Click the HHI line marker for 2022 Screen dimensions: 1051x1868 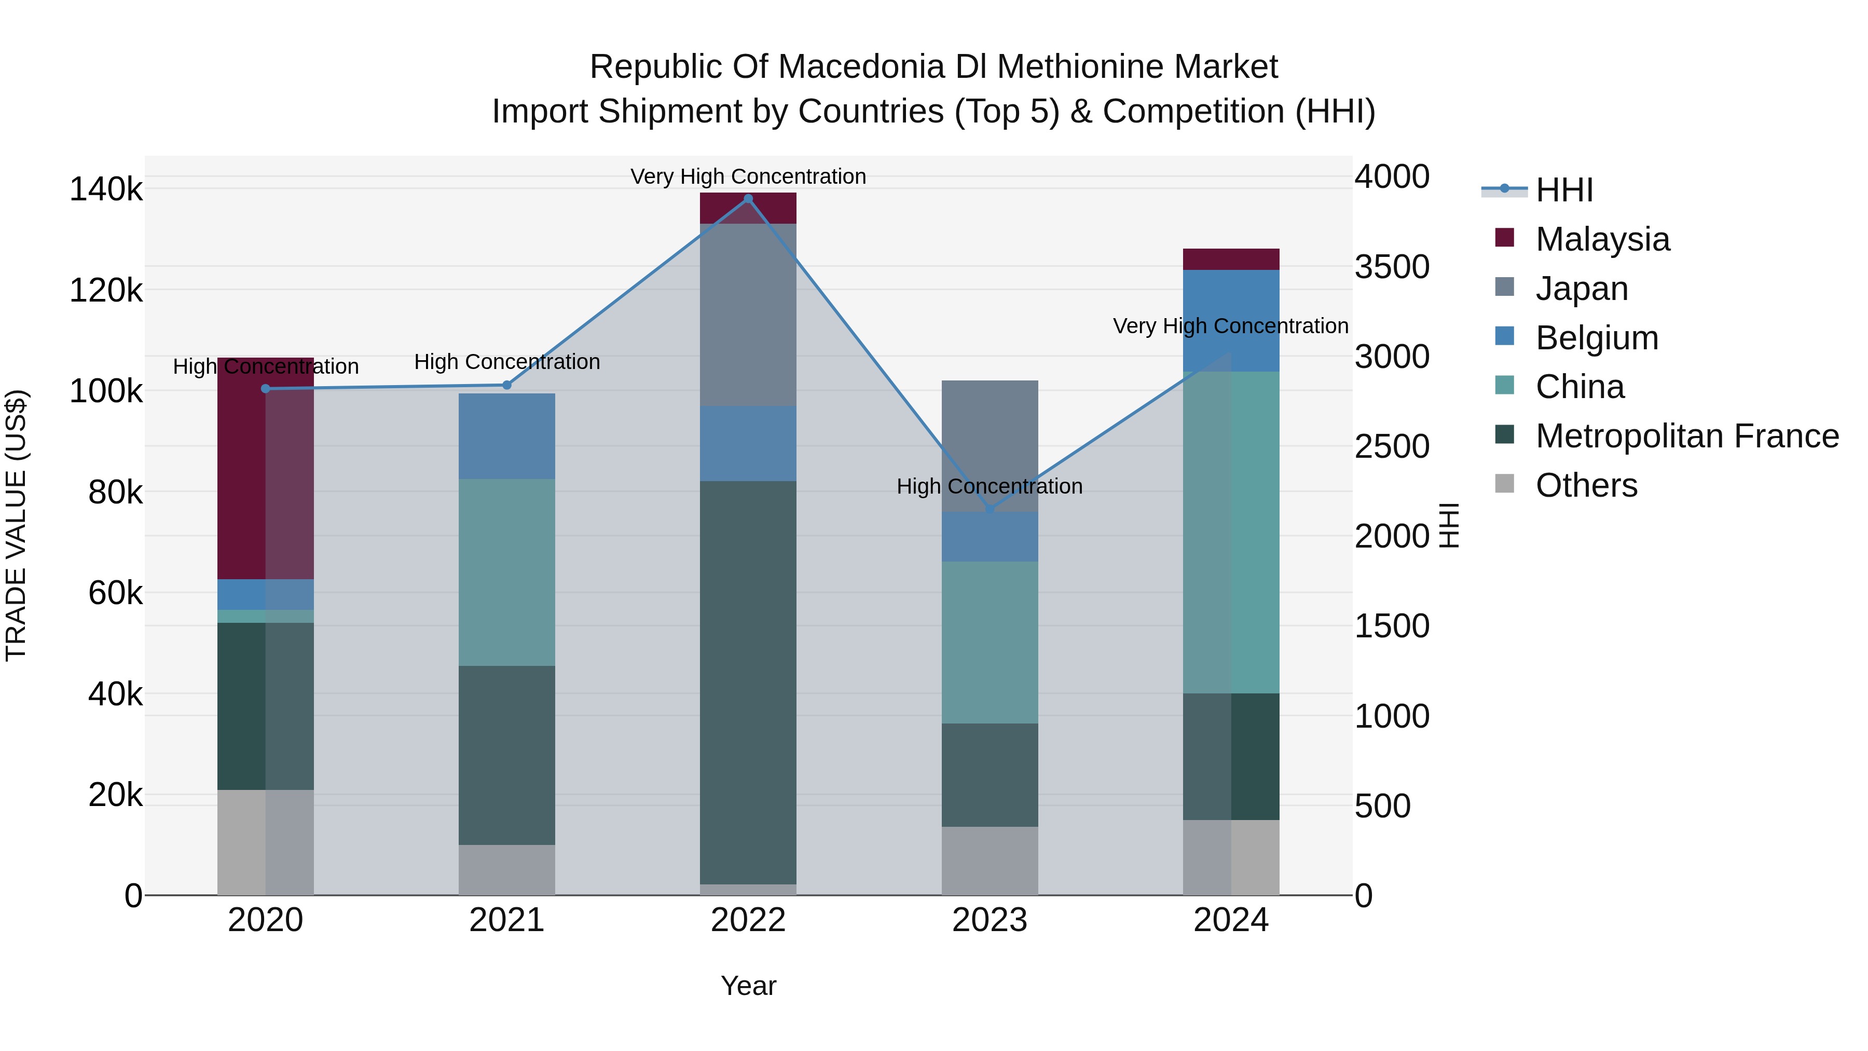click(748, 198)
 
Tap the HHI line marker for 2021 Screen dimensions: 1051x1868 click(507, 385)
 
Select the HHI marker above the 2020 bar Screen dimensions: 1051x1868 click(265, 389)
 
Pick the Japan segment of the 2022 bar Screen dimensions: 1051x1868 click(748, 315)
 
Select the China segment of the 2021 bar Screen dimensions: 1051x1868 click(507, 572)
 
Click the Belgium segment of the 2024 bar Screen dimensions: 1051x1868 click(1231, 321)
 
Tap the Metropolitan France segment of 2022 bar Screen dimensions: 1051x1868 click(748, 682)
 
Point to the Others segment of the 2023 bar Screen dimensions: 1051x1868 click(990, 861)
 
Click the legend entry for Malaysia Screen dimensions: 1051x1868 click(1603, 239)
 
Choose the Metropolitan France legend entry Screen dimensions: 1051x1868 click(1687, 436)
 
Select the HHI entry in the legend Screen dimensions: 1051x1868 click(1564, 190)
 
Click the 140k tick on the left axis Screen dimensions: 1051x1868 click(106, 190)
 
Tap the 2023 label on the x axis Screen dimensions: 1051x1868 click(990, 920)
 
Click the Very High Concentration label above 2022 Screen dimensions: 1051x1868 click(748, 176)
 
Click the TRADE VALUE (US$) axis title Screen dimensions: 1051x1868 click(16, 525)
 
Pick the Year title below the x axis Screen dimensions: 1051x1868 click(748, 986)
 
